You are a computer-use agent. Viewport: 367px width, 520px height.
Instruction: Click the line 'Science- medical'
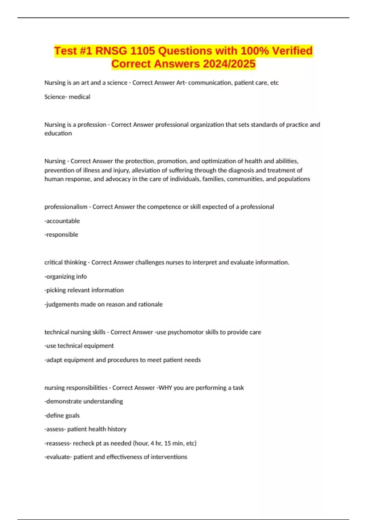[67, 97]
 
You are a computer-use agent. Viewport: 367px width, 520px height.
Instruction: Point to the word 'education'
[58, 133]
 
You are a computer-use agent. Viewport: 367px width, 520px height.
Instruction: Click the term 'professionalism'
[66, 207]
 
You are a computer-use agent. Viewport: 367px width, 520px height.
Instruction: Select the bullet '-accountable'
[62, 221]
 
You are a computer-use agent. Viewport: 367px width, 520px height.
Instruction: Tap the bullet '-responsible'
[61, 235]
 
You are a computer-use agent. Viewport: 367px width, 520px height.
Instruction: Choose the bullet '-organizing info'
[65, 277]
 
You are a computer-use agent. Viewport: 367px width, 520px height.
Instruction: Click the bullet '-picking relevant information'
[84, 290]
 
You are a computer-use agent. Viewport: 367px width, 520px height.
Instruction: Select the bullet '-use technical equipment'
[79, 346]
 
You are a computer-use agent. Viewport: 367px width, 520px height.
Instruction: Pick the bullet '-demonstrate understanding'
[83, 401]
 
